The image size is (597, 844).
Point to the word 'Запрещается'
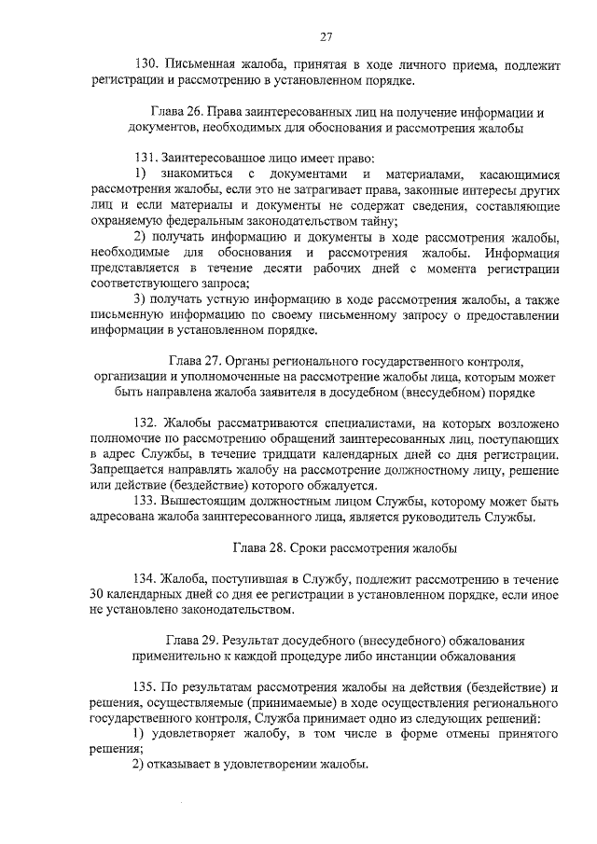pyautogui.click(x=128, y=471)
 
